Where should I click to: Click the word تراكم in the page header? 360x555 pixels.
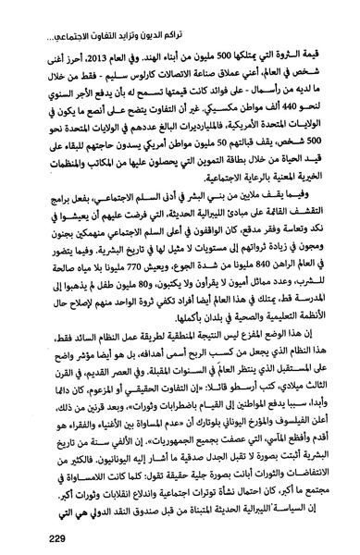click(312, 12)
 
